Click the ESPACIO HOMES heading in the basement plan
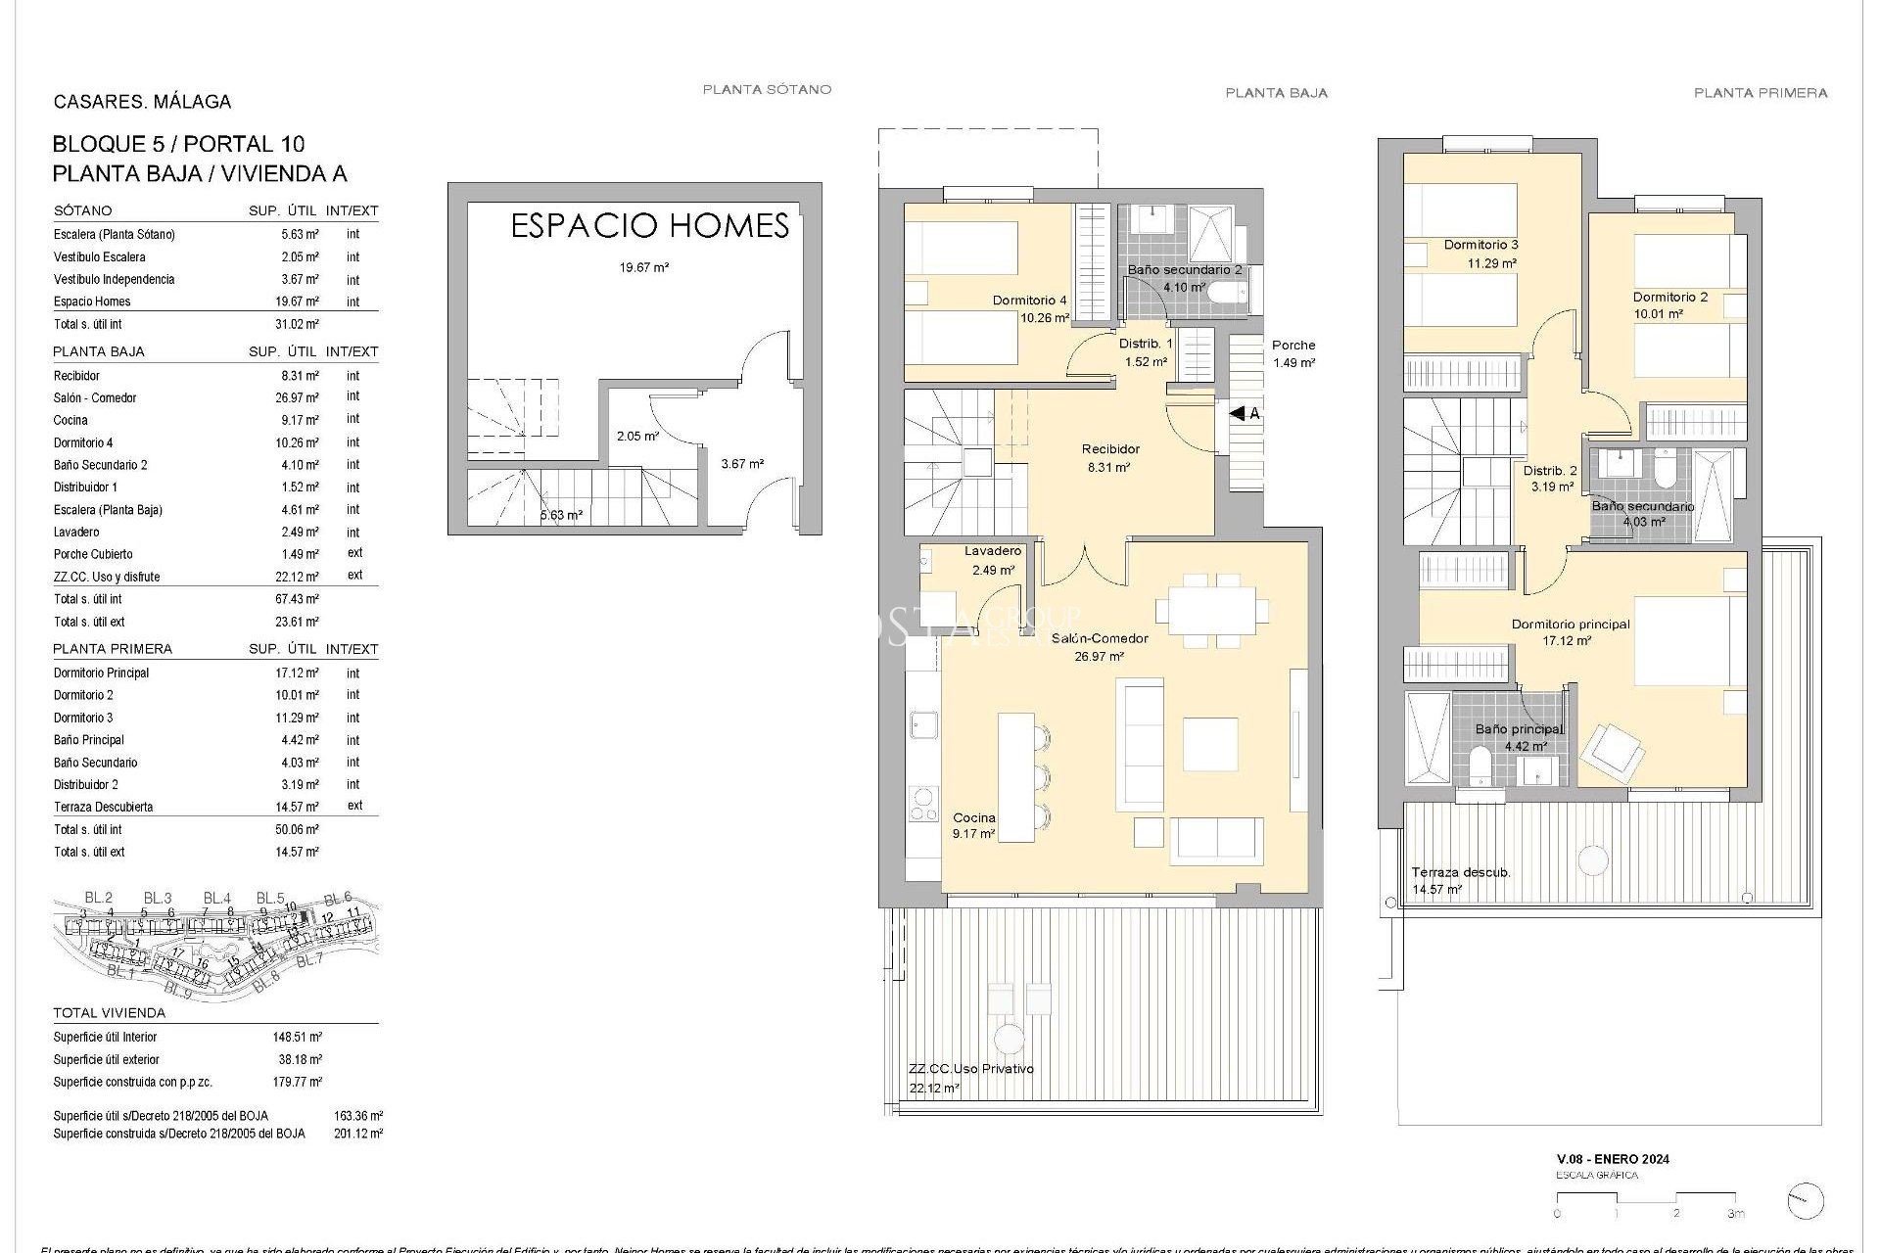click(650, 226)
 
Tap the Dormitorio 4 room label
click(1029, 301)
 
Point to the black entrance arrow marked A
click(1241, 414)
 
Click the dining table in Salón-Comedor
click(1211, 611)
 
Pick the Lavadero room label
click(992, 551)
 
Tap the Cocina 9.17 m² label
click(973, 825)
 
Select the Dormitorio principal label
click(1570, 624)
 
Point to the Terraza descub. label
click(1460, 872)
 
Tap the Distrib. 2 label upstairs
click(1549, 471)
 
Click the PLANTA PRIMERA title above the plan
click(1760, 93)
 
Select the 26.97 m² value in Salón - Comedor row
click(299, 397)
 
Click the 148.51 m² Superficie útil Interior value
click(298, 1037)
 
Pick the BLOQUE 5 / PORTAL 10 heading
click(178, 144)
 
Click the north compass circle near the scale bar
click(1805, 1201)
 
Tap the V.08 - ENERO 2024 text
click(1613, 1159)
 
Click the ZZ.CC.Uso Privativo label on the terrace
click(970, 1069)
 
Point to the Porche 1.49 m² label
click(1292, 353)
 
